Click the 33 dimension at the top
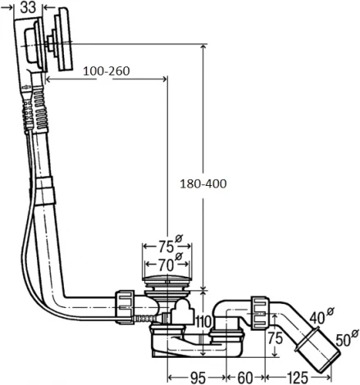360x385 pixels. click(x=26, y=8)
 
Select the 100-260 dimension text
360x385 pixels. click(x=107, y=71)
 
